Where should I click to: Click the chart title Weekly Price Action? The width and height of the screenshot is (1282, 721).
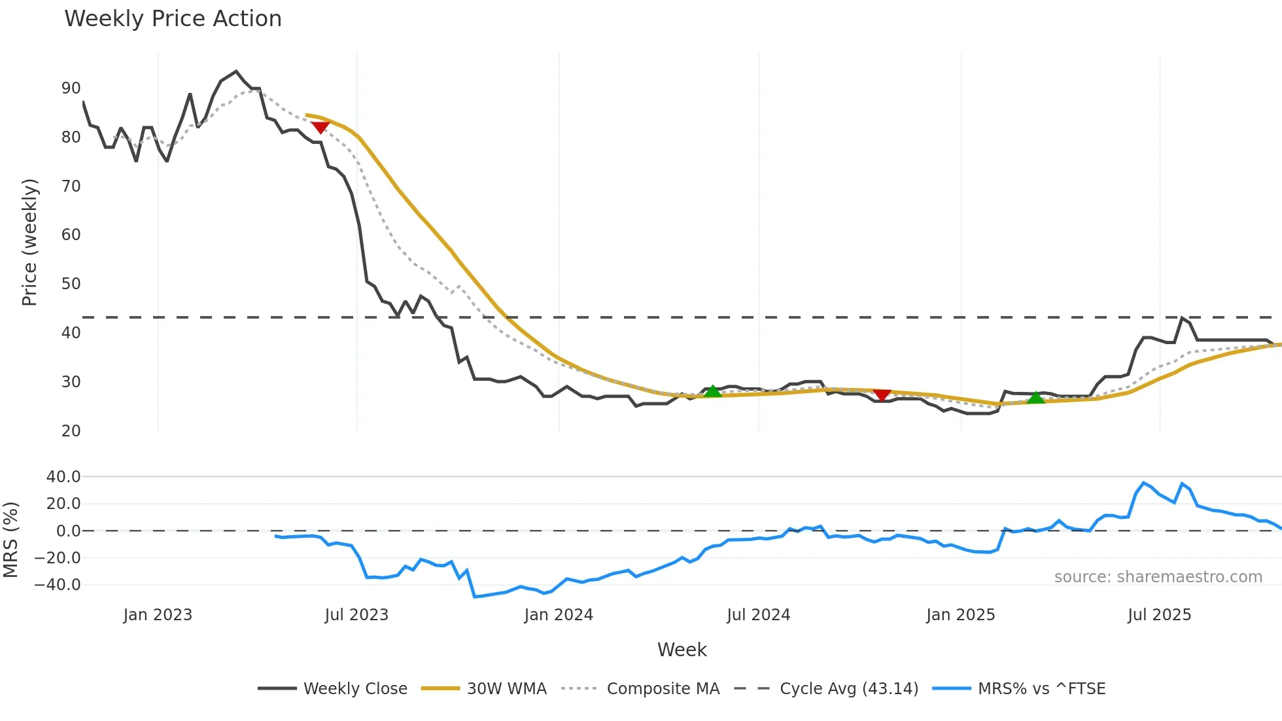173,19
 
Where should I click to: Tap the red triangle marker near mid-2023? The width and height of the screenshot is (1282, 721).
320,127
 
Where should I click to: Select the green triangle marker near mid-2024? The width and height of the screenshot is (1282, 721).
712,391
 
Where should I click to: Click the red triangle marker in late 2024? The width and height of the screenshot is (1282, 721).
882,395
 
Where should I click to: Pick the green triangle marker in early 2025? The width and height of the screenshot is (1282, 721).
1035,397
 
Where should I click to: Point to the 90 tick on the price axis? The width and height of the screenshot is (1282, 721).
71,88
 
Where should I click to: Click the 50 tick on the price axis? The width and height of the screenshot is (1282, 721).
71,284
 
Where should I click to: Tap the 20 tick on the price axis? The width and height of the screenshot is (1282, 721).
71,431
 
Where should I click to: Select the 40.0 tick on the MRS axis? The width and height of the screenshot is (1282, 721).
63,477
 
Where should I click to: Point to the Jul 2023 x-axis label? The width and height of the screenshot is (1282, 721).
356,615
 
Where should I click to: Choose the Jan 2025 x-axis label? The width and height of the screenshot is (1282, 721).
960,615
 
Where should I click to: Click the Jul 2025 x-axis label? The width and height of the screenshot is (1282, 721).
1159,615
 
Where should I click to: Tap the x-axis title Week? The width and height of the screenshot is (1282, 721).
682,650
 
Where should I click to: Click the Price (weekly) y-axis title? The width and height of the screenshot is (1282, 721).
29,242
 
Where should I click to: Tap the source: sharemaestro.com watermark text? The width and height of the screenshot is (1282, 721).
1158,577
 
